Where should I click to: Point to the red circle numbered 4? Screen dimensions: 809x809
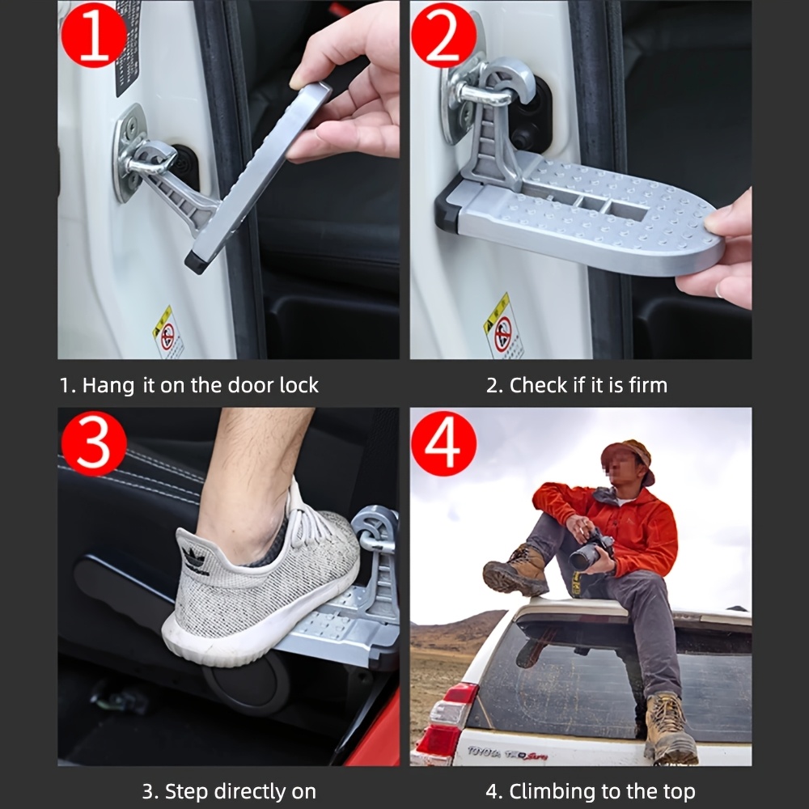pyautogui.click(x=443, y=443)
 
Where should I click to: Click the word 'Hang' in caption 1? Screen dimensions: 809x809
pyautogui.click(x=108, y=386)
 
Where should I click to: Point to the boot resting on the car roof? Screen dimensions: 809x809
pyautogui.click(x=515, y=570)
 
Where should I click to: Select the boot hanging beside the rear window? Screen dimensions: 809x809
pyautogui.click(x=669, y=728)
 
